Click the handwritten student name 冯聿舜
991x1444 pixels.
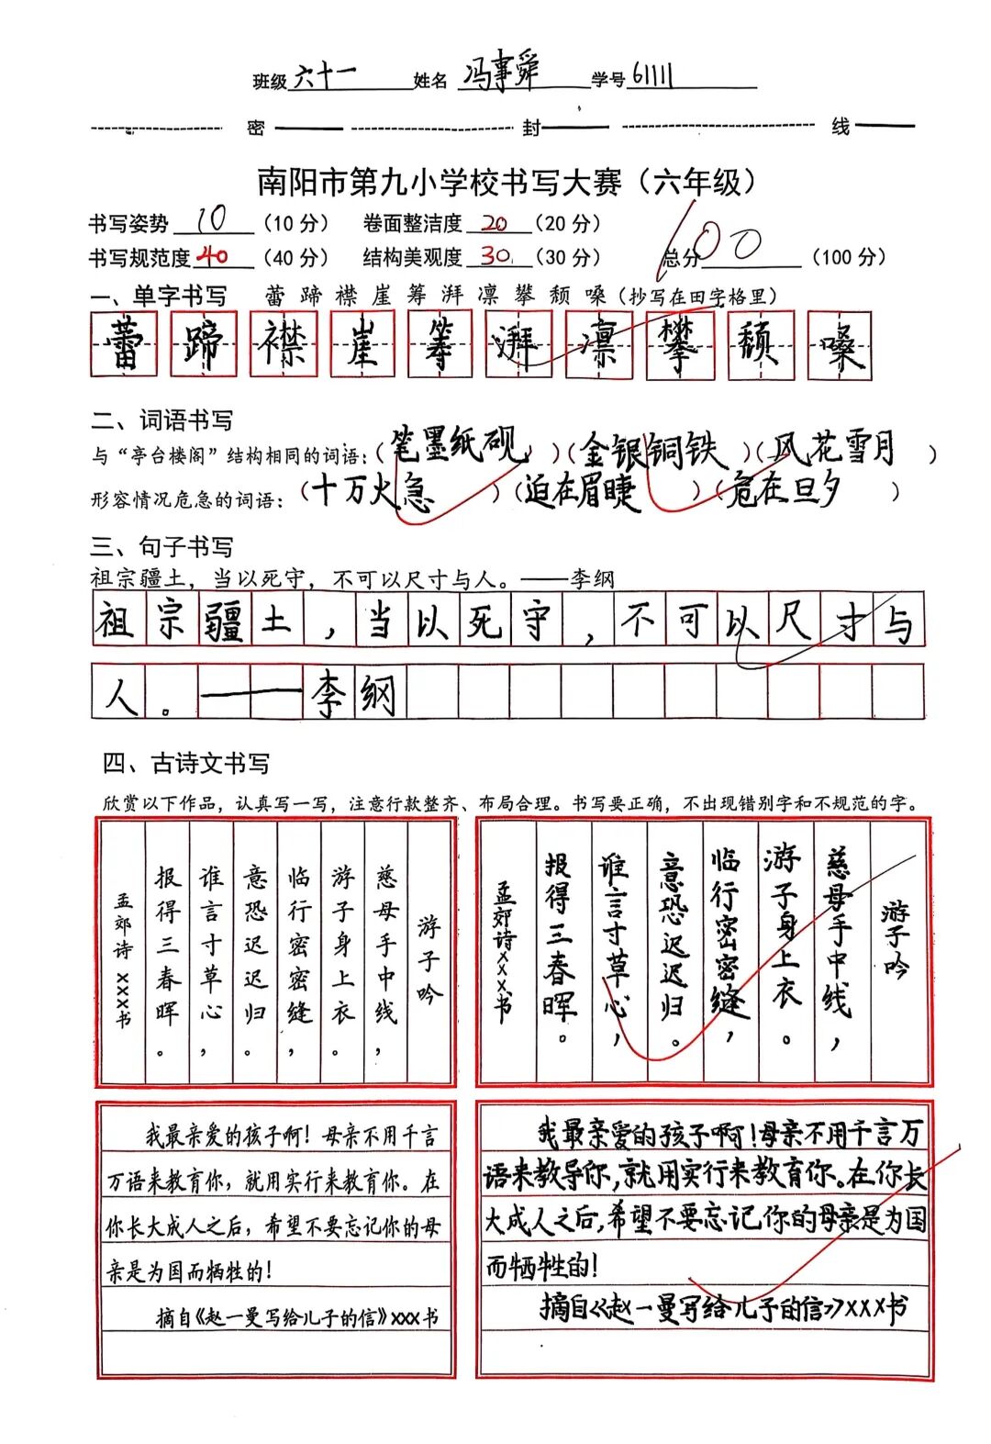(x=500, y=73)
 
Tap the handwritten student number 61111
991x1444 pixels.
(x=652, y=76)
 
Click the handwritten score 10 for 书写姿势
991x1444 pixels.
(x=212, y=219)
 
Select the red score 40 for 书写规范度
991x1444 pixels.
(x=212, y=255)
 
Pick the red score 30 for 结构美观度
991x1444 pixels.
(x=496, y=255)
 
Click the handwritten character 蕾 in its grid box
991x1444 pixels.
(x=124, y=344)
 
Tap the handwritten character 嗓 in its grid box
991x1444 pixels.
(x=839, y=345)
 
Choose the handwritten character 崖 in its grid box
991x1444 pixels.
(x=362, y=344)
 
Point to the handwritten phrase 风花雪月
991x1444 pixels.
(x=832, y=449)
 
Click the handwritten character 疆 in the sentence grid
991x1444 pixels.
(x=223, y=621)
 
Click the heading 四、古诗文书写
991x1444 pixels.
(x=186, y=764)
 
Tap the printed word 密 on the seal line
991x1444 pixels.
(x=256, y=128)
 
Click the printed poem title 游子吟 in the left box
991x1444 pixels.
(x=429, y=958)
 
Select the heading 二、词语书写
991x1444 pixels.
(x=162, y=420)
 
